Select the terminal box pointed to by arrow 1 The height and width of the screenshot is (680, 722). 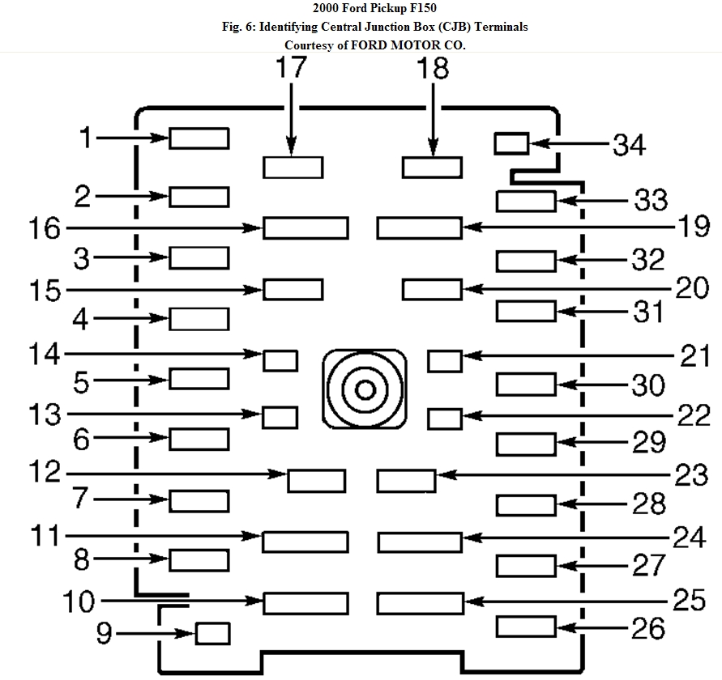click(x=199, y=138)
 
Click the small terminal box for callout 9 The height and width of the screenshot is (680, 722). click(x=214, y=633)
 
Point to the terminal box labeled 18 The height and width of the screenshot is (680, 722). click(x=432, y=168)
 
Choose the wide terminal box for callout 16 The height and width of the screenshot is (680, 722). click(x=305, y=227)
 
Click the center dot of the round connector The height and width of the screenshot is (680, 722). click(x=365, y=390)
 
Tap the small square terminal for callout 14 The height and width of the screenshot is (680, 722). click(x=280, y=359)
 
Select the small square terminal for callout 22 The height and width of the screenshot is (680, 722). click(x=444, y=419)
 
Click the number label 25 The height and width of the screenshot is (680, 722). click(x=690, y=600)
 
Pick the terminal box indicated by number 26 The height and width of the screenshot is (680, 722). click(x=526, y=626)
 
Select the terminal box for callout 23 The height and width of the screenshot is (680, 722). click(x=406, y=480)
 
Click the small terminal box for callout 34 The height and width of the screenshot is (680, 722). click(x=511, y=144)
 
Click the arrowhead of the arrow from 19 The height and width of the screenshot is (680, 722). click(x=468, y=227)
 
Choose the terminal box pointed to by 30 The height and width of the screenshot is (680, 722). click(x=526, y=385)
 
